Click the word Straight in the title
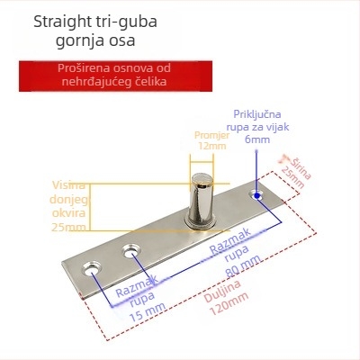tap(62, 22)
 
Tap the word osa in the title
tap(122, 41)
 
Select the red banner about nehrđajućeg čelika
tap(115, 76)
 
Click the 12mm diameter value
tap(212, 146)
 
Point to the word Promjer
tap(212, 135)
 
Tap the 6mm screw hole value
tap(257, 139)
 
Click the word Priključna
tap(257, 114)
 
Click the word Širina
tap(301, 168)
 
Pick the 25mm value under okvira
tap(68, 227)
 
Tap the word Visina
tap(69, 185)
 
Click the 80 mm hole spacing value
tap(244, 265)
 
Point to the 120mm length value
tap(229, 303)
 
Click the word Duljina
tap(222, 291)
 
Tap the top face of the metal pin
tap(202, 178)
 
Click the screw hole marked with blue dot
tap(256, 195)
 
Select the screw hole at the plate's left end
tap(92, 269)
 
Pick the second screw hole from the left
tap(131, 251)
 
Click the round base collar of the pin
tap(201, 222)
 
